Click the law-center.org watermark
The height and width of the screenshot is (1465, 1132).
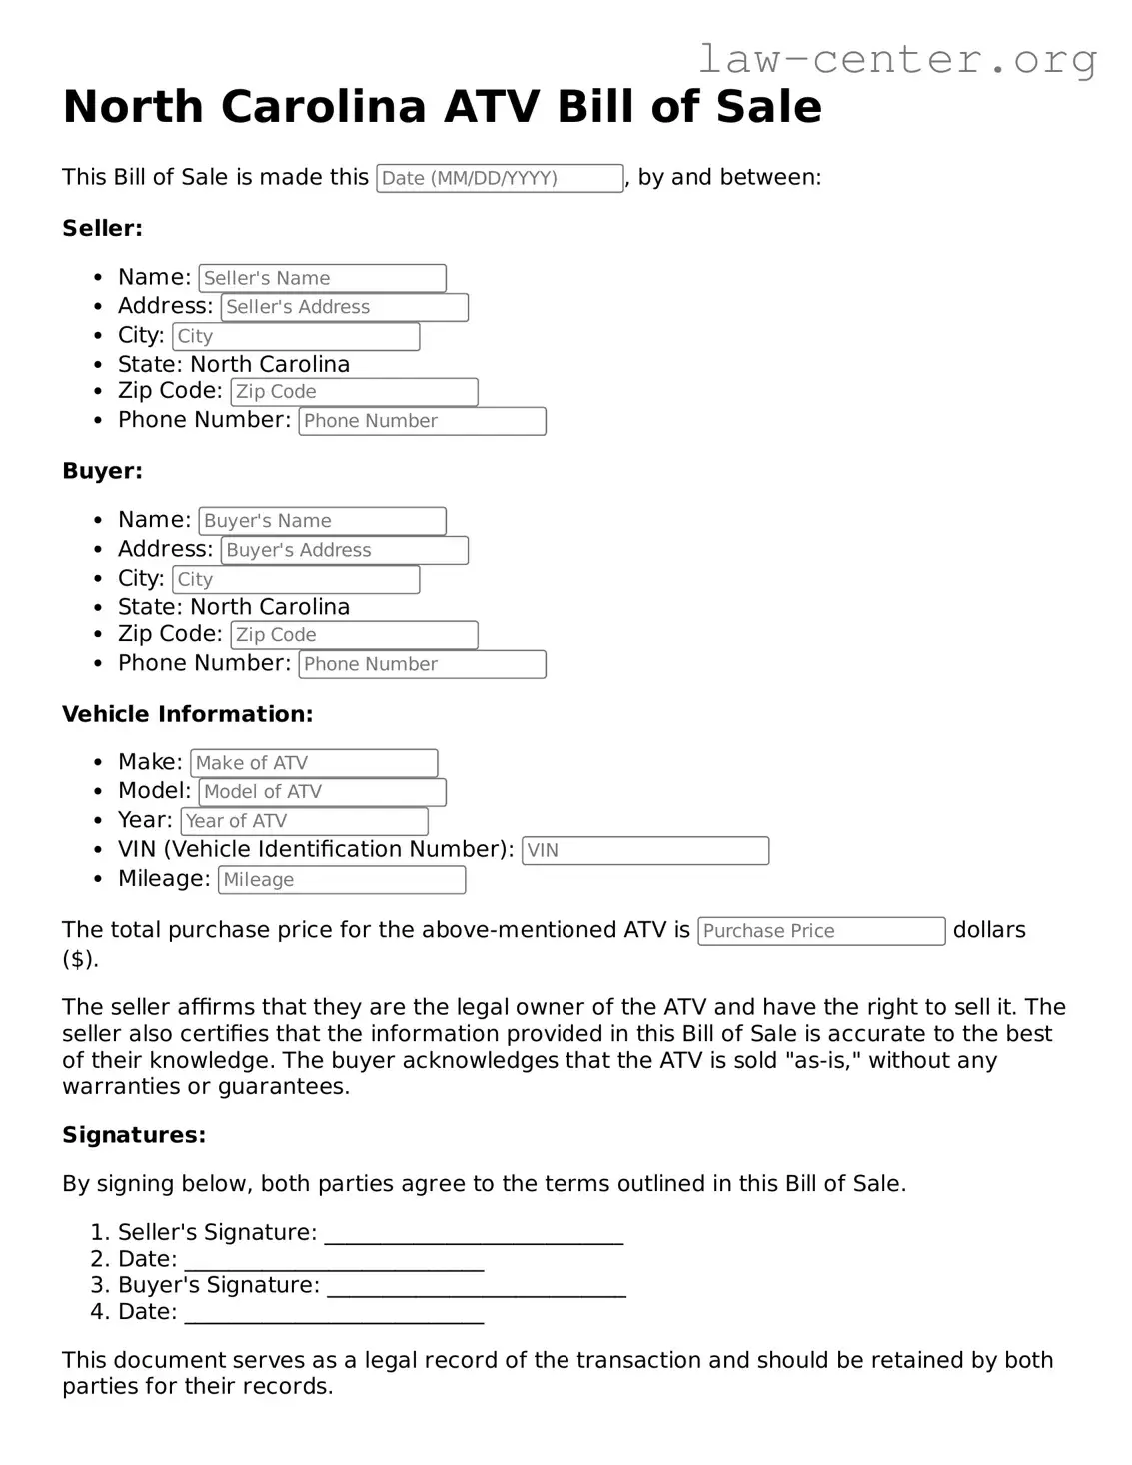tap(896, 60)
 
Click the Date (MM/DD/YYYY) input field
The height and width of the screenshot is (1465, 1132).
tap(500, 178)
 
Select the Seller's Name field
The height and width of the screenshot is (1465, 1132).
tap(322, 278)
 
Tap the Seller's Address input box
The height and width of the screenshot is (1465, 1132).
tap(344, 307)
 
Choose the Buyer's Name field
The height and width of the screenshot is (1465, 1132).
tap(322, 521)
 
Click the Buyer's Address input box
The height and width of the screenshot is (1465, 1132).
tap(344, 550)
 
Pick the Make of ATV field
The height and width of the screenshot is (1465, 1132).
tap(314, 763)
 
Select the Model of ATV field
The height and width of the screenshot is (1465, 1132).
tap(322, 792)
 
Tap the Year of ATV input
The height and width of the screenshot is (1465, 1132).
tap(304, 821)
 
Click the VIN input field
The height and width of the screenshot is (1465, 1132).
tap(645, 850)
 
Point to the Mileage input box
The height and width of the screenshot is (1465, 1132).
tap(342, 880)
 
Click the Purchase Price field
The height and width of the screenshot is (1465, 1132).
tap(821, 931)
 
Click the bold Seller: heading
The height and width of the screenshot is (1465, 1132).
tap(102, 228)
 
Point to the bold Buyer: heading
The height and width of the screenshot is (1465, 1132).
tap(102, 471)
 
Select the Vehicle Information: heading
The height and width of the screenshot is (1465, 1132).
tap(187, 714)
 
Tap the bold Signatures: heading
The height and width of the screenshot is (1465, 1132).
tap(134, 1135)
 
